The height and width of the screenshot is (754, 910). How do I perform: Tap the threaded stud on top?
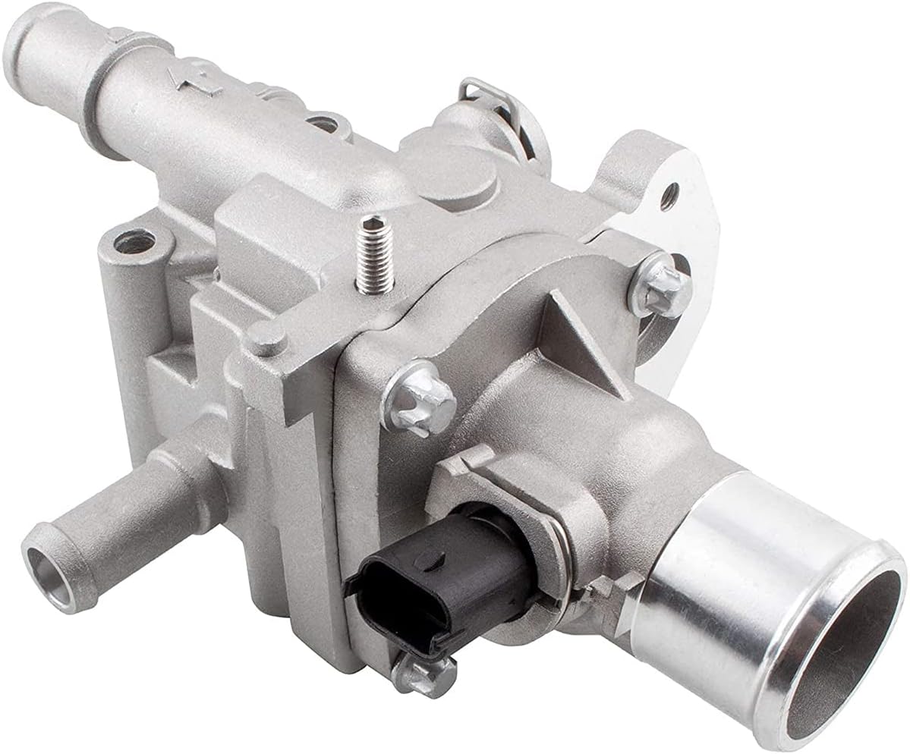click(375, 253)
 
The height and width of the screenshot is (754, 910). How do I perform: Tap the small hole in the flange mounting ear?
click(668, 196)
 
